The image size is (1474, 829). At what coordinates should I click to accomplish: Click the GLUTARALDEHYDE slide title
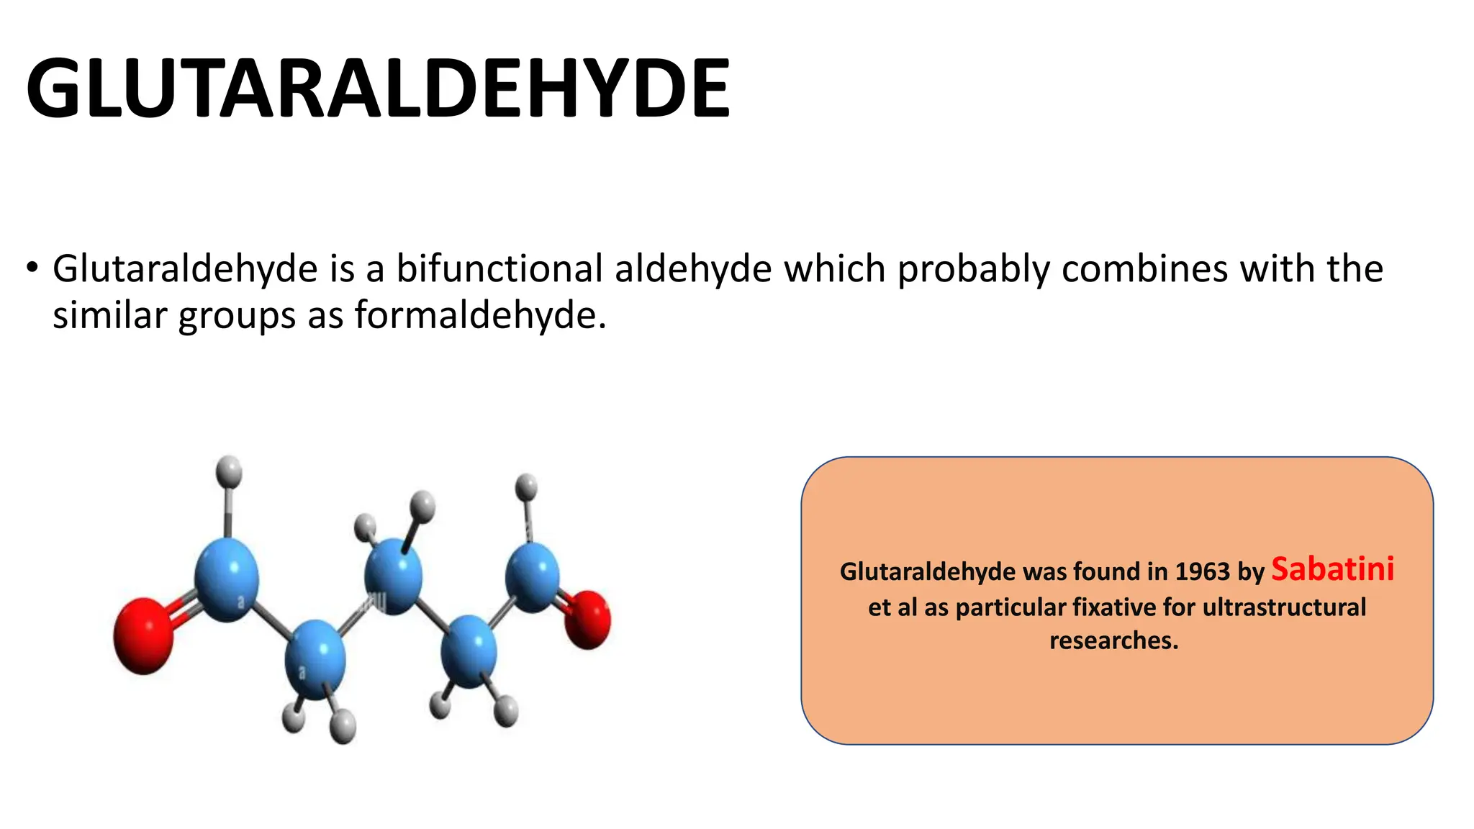click(378, 88)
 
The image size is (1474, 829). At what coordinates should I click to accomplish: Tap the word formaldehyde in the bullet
click(480, 315)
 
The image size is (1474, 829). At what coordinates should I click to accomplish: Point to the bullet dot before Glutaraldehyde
click(31, 268)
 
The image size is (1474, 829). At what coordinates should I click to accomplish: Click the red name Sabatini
click(1332, 568)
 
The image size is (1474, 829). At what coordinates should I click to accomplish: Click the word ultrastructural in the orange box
click(1284, 607)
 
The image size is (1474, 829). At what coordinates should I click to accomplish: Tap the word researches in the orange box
click(1113, 640)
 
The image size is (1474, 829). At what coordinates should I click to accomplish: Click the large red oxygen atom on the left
click(144, 635)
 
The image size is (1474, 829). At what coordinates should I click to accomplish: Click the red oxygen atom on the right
click(587, 619)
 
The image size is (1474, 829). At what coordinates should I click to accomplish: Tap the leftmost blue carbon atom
click(227, 579)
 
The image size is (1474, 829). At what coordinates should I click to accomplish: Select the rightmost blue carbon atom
click(533, 576)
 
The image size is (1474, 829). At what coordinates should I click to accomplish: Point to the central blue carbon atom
click(393, 576)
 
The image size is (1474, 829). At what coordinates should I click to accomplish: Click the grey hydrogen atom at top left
click(229, 471)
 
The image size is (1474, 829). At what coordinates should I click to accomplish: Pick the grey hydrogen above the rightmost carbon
click(527, 487)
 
